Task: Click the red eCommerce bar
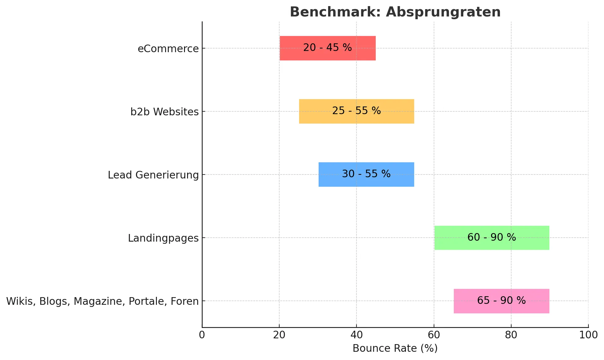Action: [327, 48]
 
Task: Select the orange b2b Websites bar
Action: [356, 111]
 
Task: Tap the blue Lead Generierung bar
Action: [366, 175]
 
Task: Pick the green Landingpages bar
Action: [492, 238]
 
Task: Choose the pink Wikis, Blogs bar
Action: [501, 301]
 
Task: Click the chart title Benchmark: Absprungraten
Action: [395, 12]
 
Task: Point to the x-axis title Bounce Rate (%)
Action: [395, 348]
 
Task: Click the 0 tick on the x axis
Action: [202, 335]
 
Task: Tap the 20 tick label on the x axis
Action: [279, 335]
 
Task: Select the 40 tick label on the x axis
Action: [356, 335]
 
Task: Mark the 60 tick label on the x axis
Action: [434, 335]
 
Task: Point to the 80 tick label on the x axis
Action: [511, 335]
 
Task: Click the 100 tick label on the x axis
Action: [588, 335]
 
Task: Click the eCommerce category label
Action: [168, 49]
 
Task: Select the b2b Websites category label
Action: [165, 112]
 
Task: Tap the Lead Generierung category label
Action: [153, 175]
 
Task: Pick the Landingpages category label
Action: [163, 238]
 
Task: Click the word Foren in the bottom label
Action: [185, 301]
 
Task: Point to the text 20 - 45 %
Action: [327, 48]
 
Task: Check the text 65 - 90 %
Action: [501, 301]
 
